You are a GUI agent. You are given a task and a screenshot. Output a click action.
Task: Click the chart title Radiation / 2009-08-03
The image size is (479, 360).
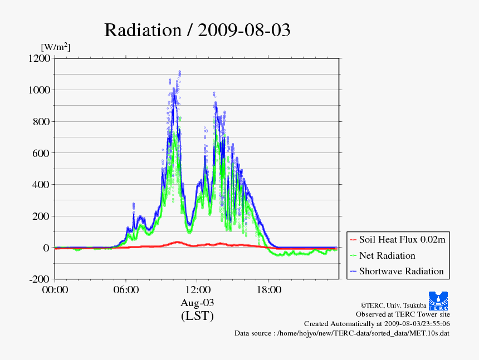[197, 30]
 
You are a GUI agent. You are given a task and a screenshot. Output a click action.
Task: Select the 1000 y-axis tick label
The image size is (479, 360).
[40, 90]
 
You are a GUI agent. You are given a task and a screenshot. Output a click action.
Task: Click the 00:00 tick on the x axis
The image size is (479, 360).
[55, 290]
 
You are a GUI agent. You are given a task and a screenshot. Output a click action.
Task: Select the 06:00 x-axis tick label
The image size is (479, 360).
[126, 290]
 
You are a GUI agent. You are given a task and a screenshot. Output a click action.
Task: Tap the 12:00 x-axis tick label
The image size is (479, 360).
[197, 290]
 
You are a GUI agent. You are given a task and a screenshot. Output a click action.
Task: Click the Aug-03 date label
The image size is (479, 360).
[197, 303]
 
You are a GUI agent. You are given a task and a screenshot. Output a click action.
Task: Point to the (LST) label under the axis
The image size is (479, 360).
[197, 316]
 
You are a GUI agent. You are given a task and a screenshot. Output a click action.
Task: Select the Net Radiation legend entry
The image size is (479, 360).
[387, 255]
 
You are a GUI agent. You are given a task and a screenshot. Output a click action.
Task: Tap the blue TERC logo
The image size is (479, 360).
[438, 300]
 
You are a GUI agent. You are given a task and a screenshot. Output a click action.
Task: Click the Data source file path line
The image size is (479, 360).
[342, 333]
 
